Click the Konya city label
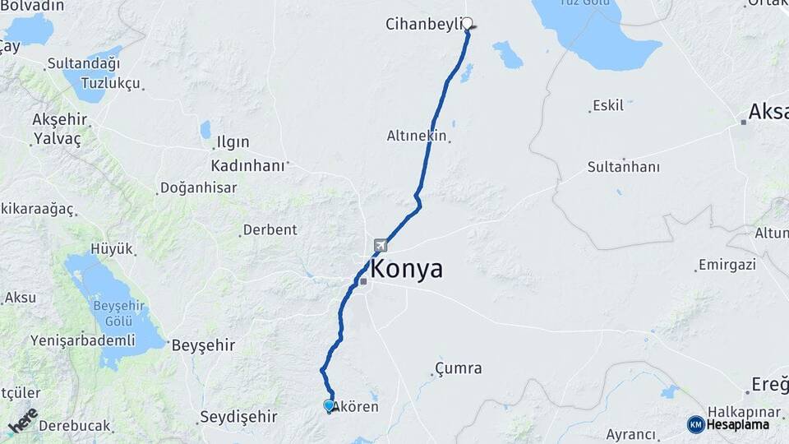coord(406,269)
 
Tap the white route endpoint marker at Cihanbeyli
coord(468,23)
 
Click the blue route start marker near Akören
coord(329,405)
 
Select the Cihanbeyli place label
coord(422,24)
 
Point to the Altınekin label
coord(416,136)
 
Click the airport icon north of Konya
coord(380,244)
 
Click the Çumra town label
coord(459,368)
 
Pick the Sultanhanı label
coord(623,167)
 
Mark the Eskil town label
coord(608,105)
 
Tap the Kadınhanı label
coord(248,165)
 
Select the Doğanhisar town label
coord(198,187)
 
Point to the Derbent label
coord(270,229)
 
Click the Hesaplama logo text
coord(736,424)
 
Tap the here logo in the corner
coord(22,420)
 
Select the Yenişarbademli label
coord(82,340)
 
